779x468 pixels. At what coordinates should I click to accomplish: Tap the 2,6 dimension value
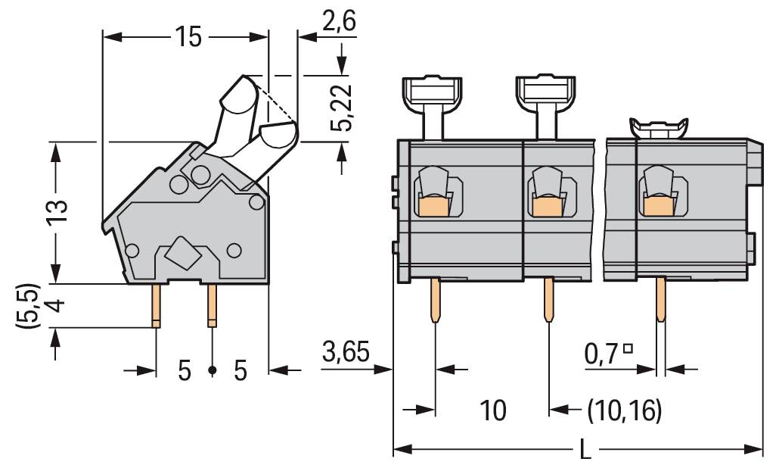338,23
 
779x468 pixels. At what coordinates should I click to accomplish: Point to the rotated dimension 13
55,214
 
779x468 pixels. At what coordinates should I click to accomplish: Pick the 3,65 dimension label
346,353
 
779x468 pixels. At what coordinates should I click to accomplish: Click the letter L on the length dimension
584,450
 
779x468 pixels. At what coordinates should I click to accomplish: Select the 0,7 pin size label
603,354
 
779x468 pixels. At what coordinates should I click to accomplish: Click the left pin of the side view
156,305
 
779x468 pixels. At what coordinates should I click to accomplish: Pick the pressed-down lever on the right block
658,128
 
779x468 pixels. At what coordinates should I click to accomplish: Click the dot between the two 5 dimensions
213,370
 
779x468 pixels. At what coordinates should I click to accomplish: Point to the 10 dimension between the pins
493,410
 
